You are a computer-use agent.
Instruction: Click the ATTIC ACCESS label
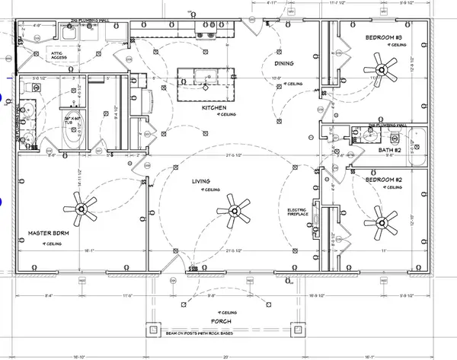pyautogui.click(x=59, y=55)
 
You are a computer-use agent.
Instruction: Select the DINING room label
pyautogui.click(x=285, y=64)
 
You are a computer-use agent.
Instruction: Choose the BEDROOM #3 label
pyautogui.click(x=384, y=37)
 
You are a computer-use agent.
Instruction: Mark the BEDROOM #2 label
pyautogui.click(x=385, y=180)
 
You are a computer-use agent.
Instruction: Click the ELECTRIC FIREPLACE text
pyautogui.click(x=297, y=213)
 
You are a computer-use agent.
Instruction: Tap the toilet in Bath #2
pyautogui.click(x=394, y=139)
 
